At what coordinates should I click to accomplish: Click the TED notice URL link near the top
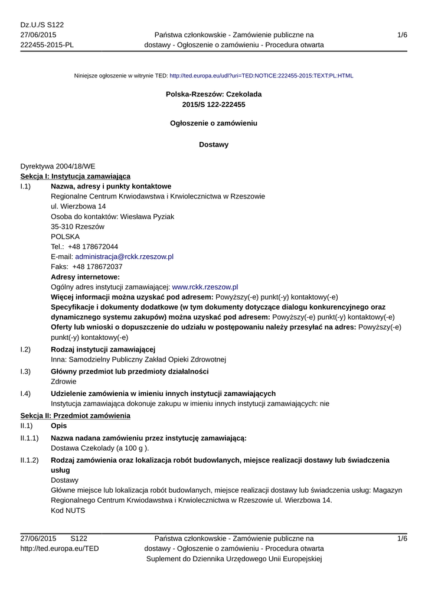[x=261, y=76]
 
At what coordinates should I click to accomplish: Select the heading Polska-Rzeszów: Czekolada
[x=214, y=94]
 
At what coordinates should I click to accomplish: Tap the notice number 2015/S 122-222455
[x=214, y=105]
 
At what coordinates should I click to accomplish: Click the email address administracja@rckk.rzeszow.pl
[x=124, y=256]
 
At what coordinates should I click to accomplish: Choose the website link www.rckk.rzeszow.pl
[x=204, y=287]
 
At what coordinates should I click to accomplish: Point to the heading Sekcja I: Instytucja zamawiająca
[x=76, y=176]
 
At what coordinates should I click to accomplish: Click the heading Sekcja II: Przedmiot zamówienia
[x=75, y=416]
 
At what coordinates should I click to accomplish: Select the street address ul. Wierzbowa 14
[x=79, y=206]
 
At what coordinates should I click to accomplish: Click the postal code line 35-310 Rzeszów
[x=77, y=226]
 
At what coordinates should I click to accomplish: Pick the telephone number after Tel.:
[x=93, y=246]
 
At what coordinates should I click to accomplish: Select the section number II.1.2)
[x=30, y=460]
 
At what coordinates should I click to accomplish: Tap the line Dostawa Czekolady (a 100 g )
[x=100, y=448]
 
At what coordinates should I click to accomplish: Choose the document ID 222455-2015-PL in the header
[x=47, y=45]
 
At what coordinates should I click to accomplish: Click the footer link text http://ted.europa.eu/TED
[x=60, y=548]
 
